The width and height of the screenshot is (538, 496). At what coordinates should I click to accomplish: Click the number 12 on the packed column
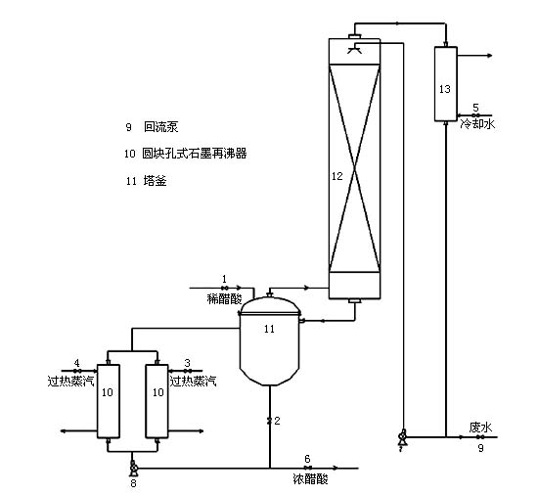coord(337,176)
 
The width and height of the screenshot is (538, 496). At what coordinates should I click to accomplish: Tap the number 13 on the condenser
coord(445,89)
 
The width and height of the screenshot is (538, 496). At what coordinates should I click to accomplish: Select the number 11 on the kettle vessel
coord(269,329)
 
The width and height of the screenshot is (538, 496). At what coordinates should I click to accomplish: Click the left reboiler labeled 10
coord(109,401)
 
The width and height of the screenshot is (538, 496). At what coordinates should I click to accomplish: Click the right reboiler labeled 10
coord(157,401)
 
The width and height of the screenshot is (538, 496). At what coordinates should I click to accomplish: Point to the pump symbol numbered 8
coord(133,469)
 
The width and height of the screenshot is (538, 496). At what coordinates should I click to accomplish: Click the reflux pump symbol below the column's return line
coord(402,437)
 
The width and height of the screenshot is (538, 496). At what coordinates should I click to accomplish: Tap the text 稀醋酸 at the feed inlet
coord(225,299)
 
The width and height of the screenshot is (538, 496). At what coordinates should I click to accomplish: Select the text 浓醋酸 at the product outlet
coord(311,478)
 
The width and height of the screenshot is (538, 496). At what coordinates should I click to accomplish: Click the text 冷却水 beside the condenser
coord(477,123)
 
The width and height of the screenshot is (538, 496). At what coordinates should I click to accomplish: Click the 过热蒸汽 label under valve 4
coord(70,381)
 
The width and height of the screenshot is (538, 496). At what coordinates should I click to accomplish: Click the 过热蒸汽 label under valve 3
coord(193,381)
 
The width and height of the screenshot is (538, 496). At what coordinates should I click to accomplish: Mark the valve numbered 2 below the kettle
coord(270,421)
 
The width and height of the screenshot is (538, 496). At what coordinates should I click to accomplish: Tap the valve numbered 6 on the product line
coord(308,468)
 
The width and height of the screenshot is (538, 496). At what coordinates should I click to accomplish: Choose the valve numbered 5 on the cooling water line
coord(475,115)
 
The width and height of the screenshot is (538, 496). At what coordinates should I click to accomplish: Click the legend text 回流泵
coord(161,127)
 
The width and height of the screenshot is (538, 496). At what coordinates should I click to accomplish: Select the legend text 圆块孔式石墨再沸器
coord(195,154)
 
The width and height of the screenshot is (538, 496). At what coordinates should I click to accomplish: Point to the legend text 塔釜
coord(156,181)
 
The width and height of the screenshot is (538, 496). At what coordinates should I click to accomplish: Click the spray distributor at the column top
coord(355,49)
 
